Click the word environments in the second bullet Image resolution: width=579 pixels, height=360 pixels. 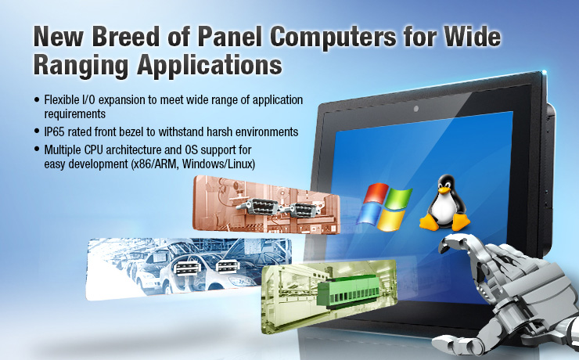pos(262,129)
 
